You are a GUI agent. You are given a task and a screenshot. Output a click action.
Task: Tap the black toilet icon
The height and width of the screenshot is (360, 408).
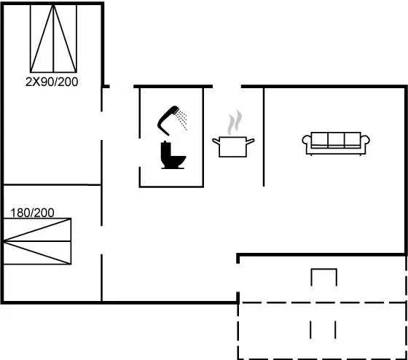pos(173,155)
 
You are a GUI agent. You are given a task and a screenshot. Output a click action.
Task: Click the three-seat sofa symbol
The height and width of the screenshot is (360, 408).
pos(336,144)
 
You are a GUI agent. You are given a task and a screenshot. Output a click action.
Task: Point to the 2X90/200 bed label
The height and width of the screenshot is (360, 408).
pos(52,82)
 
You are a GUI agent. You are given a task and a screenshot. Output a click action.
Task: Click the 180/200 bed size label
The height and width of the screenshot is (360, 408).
pos(32,213)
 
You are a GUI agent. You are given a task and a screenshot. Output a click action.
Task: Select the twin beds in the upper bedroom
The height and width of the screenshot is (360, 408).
pos(53,39)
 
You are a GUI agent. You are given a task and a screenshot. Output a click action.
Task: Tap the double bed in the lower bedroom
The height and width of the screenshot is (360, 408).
pos(37,241)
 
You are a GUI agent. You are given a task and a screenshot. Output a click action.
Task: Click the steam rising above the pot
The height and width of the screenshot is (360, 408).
pos(235,122)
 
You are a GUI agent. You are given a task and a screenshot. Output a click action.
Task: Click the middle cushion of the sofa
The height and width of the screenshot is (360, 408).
pos(336,140)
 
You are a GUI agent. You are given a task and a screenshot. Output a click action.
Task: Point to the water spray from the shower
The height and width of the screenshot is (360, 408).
pos(181,120)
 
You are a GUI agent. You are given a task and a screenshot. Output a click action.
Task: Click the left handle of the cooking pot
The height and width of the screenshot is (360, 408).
pos(216,141)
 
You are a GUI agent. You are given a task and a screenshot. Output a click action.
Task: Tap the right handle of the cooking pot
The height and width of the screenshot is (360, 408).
pos(251,141)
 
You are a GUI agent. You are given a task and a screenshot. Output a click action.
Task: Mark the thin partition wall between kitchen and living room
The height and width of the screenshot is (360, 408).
pos(264,137)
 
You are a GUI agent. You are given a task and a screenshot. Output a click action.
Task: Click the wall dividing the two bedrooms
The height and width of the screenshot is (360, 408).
pos(52,185)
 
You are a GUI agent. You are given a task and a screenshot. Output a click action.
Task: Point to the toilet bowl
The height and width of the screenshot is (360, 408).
pos(177,160)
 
